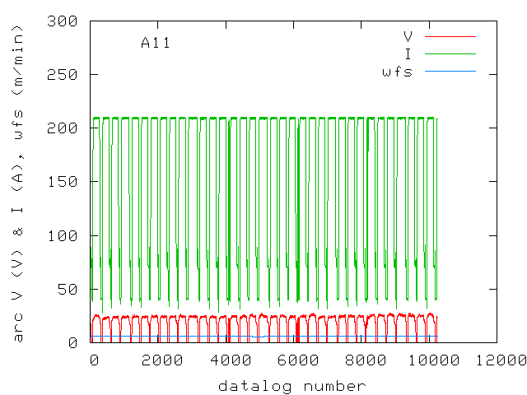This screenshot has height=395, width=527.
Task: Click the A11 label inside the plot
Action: (x=156, y=43)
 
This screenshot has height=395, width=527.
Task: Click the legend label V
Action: (x=408, y=36)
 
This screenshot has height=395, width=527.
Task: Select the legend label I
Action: (x=408, y=53)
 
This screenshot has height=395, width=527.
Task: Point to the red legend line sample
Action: (x=450, y=36)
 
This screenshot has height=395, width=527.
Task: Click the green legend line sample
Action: (x=450, y=53)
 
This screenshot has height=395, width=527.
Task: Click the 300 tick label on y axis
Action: (x=63, y=21)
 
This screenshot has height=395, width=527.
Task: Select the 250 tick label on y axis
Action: (x=63, y=74)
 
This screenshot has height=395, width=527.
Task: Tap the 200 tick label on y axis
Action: (x=63, y=128)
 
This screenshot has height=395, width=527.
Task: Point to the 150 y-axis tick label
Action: (x=63, y=181)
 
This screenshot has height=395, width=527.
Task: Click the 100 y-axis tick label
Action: (x=63, y=235)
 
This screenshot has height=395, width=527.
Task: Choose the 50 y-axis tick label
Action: (x=68, y=288)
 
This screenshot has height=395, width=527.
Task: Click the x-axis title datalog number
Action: (x=291, y=385)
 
